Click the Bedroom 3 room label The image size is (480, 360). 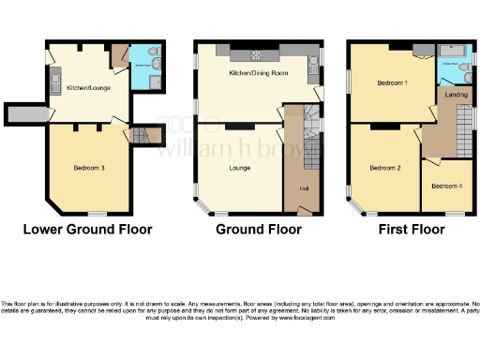tap(89, 168)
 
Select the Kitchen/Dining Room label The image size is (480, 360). tap(253, 73)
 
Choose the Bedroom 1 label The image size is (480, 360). tap(392, 82)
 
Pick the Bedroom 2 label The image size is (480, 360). tap(384, 168)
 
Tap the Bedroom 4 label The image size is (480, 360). tap(446, 186)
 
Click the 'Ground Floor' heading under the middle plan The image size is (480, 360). tap(253, 229)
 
